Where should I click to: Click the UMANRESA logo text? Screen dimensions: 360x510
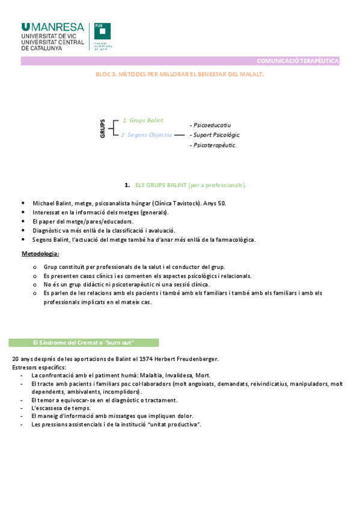click(x=52, y=27)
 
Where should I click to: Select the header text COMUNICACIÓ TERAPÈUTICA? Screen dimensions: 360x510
click(x=297, y=61)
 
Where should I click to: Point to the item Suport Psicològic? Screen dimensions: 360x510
click(x=216, y=135)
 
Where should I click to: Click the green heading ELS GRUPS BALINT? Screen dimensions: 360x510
click(x=191, y=185)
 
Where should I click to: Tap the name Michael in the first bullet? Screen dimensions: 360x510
click(x=43, y=203)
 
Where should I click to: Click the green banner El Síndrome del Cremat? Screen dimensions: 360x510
click(x=84, y=342)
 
